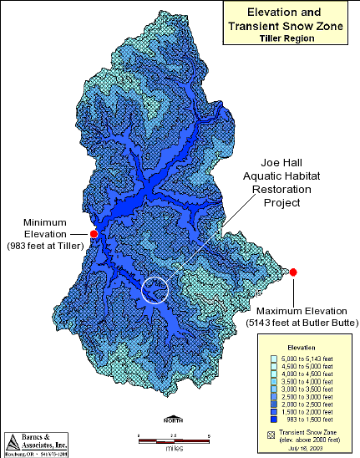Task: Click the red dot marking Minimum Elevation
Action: [94, 234]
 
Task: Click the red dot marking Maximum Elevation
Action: [294, 272]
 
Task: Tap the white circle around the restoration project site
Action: [155, 290]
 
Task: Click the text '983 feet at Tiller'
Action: [47, 246]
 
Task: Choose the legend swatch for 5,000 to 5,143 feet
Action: [273, 359]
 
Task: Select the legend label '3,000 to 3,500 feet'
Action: [309, 388]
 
